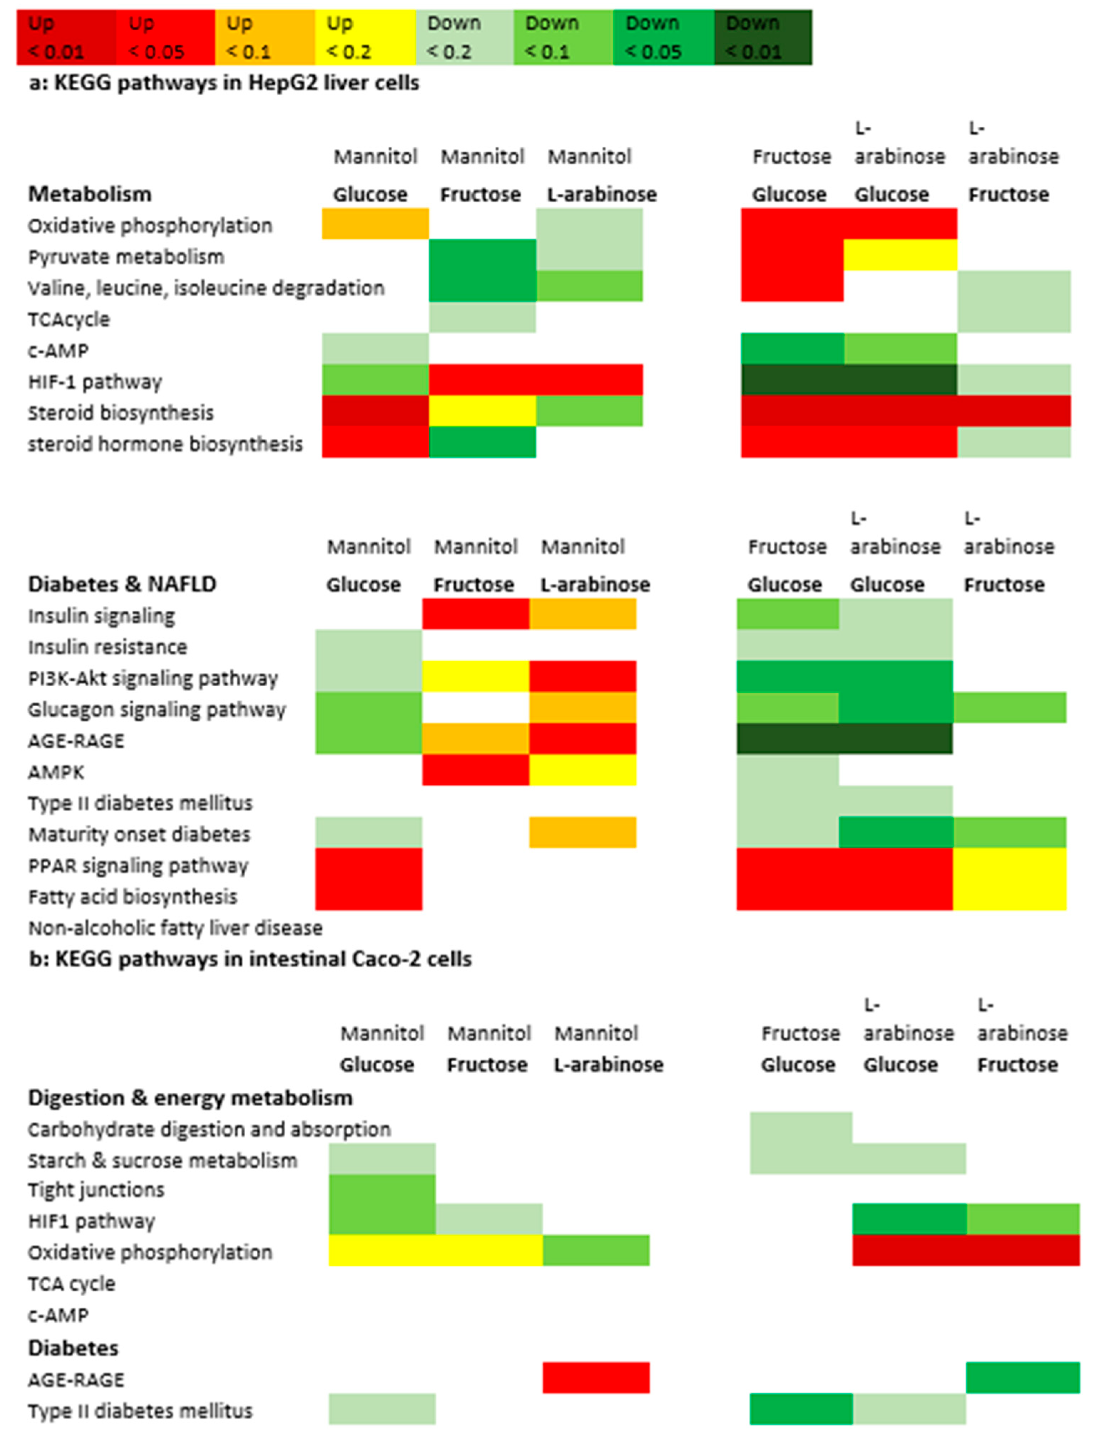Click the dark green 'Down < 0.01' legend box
tap(763, 37)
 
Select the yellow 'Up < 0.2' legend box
tap(365, 37)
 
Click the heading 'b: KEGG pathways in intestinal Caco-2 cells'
tap(250, 959)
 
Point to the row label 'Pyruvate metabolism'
tap(126, 257)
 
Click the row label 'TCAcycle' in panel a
tap(68, 320)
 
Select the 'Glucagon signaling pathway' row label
tap(157, 710)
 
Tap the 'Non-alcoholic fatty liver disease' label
tap(175, 928)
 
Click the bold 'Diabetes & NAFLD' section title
tap(122, 584)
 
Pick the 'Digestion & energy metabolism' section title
tap(190, 1098)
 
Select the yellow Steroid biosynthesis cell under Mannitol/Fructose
tap(482, 411)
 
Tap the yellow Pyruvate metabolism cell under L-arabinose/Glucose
tap(900, 255)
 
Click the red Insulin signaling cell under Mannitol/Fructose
tap(475, 614)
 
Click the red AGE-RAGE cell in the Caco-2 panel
tap(596, 1378)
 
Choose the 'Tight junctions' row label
tap(96, 1190)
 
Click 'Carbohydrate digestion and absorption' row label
tap(209, 1129)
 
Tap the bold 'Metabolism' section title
tap(89, 194)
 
